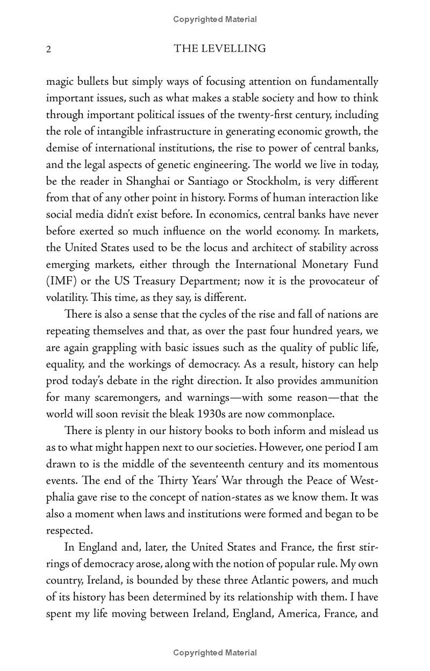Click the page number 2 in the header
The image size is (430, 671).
(48, 49)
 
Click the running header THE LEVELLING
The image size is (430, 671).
(220, 49)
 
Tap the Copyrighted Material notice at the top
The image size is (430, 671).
(215, 19)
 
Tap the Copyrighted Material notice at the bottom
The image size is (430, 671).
(215, 653)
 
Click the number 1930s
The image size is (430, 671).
(210, 414)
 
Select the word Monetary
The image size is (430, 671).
(314, 265)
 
